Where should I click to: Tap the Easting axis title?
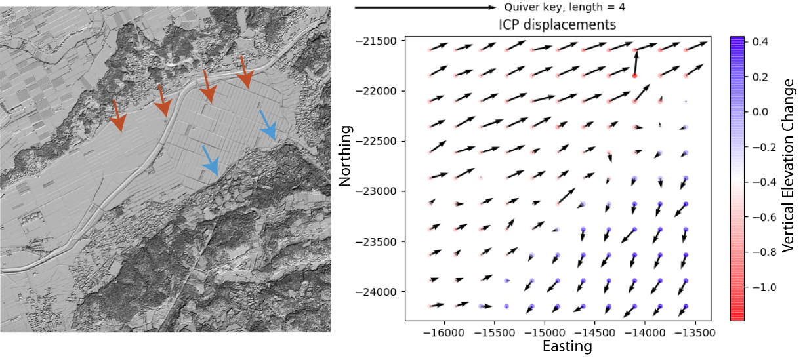coord(568,346)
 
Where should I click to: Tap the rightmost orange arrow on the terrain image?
coord(245,73)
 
